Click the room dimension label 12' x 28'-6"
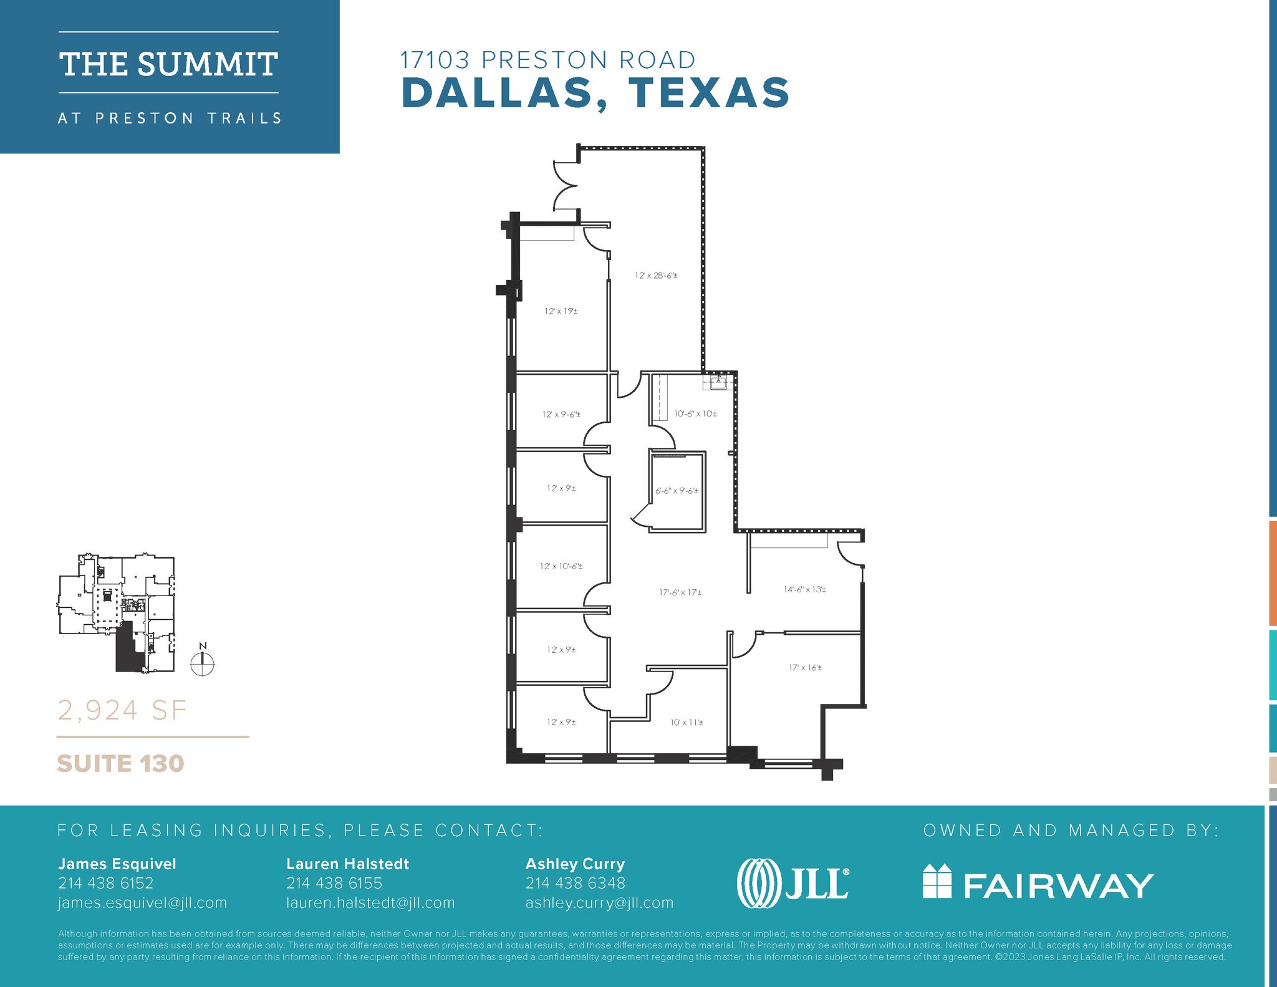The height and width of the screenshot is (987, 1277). [656, 276]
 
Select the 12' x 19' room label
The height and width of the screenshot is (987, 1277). [561, 311]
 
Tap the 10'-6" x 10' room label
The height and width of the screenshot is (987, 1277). [695, 414]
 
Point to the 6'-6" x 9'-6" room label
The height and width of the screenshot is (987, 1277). [677, 491]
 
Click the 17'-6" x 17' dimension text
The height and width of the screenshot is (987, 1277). [680, 593]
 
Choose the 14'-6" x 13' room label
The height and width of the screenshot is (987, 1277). [804, 589]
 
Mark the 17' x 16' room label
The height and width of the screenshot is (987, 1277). [805, 668]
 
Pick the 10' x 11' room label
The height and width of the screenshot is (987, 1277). [687, 723]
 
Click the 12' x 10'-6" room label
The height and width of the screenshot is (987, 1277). [561, 567]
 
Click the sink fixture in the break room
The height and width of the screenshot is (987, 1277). [718, 382]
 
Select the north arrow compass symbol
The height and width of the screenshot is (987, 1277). [202, 663]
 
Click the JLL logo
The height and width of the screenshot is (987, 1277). [792, 884]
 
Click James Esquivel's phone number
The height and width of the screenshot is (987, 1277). [105, 883]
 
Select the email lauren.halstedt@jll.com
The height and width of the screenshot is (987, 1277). [370, 903]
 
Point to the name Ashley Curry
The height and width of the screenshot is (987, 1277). [575, 864]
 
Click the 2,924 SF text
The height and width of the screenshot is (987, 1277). [122, 710]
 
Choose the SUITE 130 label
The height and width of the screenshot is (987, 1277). [120, 764]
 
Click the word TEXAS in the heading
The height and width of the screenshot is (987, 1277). [709, 93]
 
